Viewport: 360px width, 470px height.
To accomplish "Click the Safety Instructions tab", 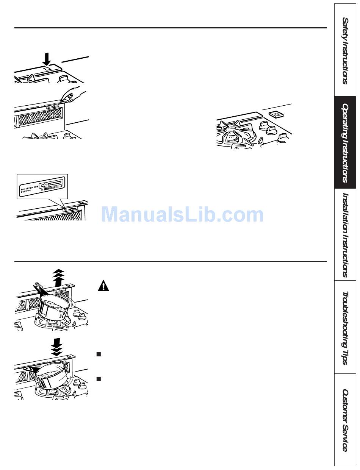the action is coord(345,51).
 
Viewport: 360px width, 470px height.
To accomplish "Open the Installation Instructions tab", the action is coord(345,235).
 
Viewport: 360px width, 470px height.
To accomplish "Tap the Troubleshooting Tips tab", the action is coord(345,328).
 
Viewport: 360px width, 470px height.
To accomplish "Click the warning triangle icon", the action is coord(103,286).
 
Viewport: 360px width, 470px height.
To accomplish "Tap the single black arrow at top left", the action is coord(46,59).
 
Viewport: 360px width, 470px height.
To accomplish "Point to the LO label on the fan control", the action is coord(61,189).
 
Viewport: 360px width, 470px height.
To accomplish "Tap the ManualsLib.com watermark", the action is coord(182,215).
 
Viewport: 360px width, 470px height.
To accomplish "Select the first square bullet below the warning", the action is coord(99,354).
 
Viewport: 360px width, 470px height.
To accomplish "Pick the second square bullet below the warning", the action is coord(99,378).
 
